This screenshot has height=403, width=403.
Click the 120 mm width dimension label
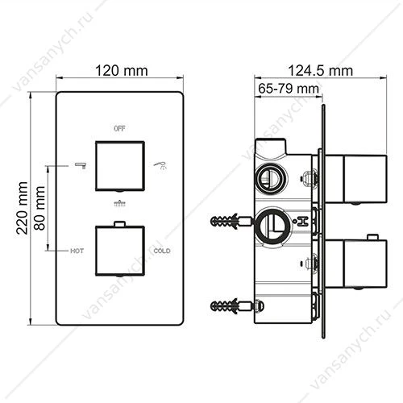tap(122, 71)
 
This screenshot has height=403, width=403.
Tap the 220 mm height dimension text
tap(22, 208)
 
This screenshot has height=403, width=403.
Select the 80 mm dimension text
tap(40, 208)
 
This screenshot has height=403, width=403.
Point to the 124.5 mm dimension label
tap(320, 71)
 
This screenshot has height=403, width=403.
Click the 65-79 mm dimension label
tap(289, 89)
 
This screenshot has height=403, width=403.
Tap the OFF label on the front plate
tap(119, 129)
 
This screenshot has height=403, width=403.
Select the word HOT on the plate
tap(77, 251)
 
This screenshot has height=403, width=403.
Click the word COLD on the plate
tap(162, 251)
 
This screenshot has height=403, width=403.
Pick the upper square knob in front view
tap(120, 166)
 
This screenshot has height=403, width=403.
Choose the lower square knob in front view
tap(120, 251)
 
